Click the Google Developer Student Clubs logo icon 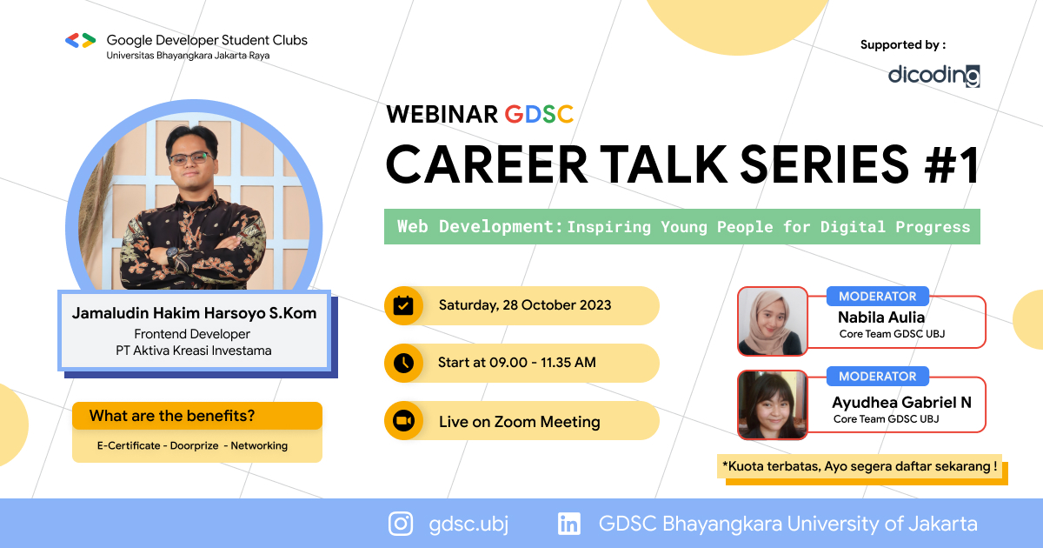tap(80, 40)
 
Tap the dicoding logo tap(933, 76)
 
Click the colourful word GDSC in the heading tap(539, 114)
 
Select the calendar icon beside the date tap(403, 305)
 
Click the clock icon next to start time tap(403, 363)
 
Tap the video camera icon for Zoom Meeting tap(403, 421)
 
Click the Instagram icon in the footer tap(401, 524)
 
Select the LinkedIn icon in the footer tap(569, 524)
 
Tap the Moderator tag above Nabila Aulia tap(877, 296)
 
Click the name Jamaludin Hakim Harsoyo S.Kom tap(194, 313)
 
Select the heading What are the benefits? tap(177, 416)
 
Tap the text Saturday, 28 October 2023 tap(524, 305)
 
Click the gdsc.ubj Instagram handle tap(468, 524)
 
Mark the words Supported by tap(902, 45)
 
